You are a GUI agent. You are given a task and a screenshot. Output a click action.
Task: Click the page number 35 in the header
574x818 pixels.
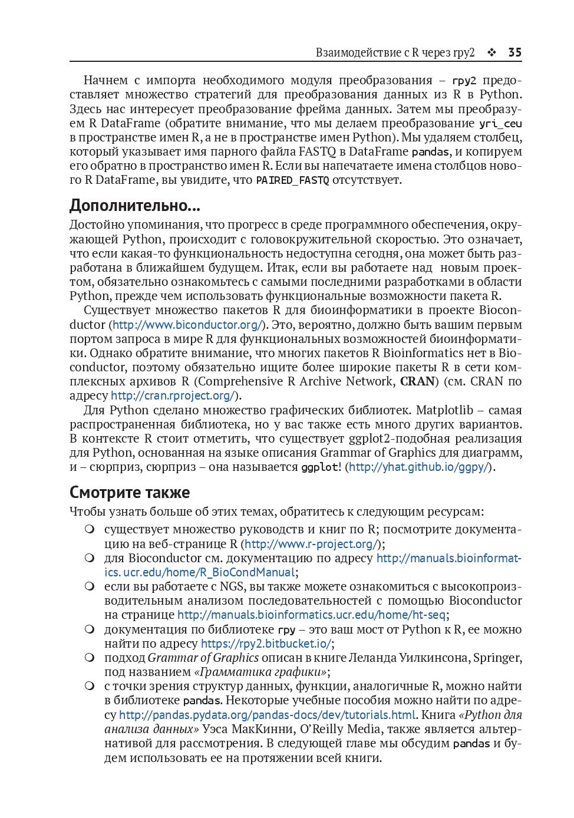click(514, 52)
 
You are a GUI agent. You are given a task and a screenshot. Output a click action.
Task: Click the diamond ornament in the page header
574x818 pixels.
click(491, 52)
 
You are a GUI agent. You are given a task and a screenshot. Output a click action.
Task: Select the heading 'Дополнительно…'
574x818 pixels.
click(134, 206)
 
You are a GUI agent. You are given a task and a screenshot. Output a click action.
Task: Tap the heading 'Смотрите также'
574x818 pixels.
click(130, 492)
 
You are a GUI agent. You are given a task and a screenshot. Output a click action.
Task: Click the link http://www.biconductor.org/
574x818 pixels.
click(187, 325)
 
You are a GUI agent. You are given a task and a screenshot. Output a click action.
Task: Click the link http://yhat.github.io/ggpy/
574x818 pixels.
click(419, 467)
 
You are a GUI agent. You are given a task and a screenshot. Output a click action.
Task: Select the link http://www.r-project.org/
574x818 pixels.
click(311, 544)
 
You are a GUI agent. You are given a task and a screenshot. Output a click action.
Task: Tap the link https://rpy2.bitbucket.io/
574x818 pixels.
click(266, 644)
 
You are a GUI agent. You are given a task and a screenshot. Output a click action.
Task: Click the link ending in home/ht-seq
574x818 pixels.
click(311, 615)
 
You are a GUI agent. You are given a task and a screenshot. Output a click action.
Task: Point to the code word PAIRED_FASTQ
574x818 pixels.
click(292, 180)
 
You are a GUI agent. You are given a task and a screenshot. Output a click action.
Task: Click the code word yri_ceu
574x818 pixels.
click(500, 124)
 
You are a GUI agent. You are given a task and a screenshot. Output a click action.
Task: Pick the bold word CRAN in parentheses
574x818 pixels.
click(417, 381)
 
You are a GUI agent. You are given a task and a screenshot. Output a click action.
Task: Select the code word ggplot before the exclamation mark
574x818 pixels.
click(319, 467)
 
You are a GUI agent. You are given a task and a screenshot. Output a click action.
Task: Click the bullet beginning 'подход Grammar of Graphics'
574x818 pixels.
click(90, 658)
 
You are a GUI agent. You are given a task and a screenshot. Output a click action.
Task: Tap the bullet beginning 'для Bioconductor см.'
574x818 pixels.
click(90, 558)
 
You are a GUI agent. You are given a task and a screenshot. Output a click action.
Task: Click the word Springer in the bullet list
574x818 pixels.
click(497, 658)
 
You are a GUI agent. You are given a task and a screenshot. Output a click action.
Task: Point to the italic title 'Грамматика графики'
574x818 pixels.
click(261, 672)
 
